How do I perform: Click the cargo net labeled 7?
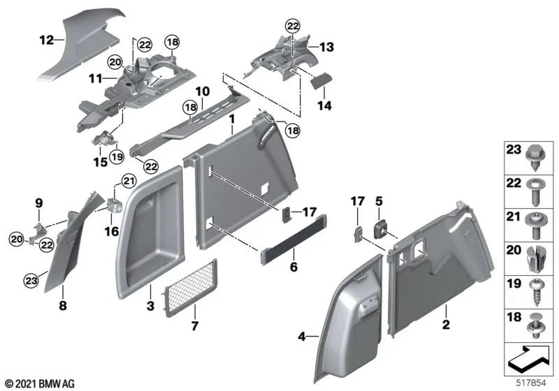click(x=189, y=288)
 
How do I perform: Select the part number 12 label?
click(x=46, y=40)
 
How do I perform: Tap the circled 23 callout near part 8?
click(x=31, y=281)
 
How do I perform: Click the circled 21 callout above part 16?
click(x=129, y=182)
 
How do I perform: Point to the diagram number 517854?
click(x=531, y=383)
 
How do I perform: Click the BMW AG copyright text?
click(x=40, y=383)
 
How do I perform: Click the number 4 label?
click(x=302, y=336)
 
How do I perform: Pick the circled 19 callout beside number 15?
click(x=117, y=156)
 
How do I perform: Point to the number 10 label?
click(x=202, y=91)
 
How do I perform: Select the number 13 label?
click(x=326, y=47)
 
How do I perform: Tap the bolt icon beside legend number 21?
click(x=535, y=225)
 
